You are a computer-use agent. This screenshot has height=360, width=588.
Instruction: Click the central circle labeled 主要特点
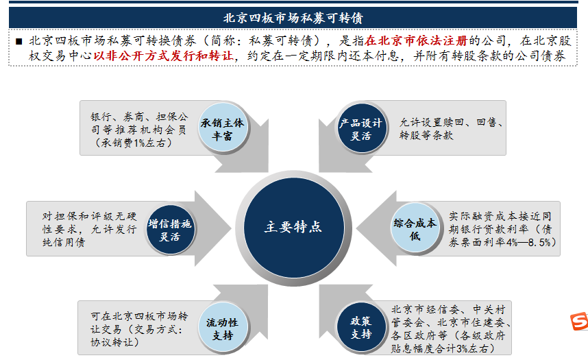tap(293, 228)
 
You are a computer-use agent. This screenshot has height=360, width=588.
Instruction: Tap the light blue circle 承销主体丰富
tap(223, 128)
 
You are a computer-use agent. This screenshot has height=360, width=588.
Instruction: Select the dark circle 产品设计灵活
tap(361, 128)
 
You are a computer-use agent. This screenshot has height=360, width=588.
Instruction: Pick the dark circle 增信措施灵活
tap(170, 229)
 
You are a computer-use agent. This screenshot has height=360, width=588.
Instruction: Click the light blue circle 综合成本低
tap(415, 228)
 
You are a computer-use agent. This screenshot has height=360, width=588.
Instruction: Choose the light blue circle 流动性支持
tap(223, 328)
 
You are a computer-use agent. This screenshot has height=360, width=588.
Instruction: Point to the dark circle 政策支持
tap(361, 327)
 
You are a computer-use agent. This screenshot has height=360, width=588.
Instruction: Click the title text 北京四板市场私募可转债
tap(293, 18)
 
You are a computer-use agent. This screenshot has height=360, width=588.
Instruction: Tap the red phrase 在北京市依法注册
tap(416, 40)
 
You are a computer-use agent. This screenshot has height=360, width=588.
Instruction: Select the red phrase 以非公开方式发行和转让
tap(163, 56)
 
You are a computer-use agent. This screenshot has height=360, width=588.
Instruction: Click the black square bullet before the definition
tap(19, 41)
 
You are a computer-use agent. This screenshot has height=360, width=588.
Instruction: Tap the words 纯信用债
tap(63, 243)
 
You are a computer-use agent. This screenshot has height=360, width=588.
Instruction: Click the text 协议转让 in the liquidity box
tap(112, 342)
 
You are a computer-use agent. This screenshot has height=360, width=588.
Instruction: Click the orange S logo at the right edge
tap(579, 322)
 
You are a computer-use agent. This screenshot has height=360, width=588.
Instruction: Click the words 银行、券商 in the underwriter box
tap(117, 117)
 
